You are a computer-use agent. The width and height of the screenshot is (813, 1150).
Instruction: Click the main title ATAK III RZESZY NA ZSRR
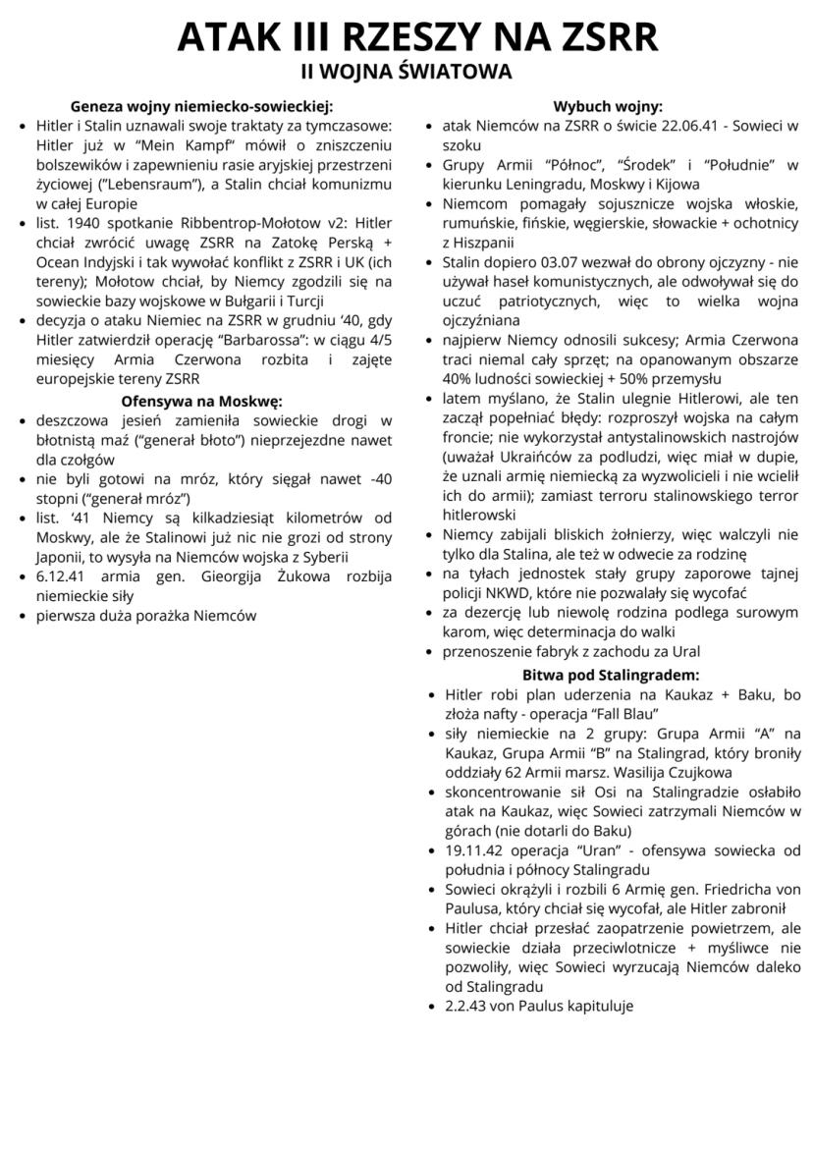pos(406,37)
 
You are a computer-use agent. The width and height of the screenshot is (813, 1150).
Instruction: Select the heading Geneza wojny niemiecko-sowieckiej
pos(202,106)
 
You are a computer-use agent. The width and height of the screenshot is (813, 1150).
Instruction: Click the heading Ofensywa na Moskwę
pos(201,402)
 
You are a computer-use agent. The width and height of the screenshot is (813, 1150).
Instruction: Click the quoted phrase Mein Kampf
pos(122,144)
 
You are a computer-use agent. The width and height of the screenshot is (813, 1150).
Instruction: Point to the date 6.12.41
pos(62,575)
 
